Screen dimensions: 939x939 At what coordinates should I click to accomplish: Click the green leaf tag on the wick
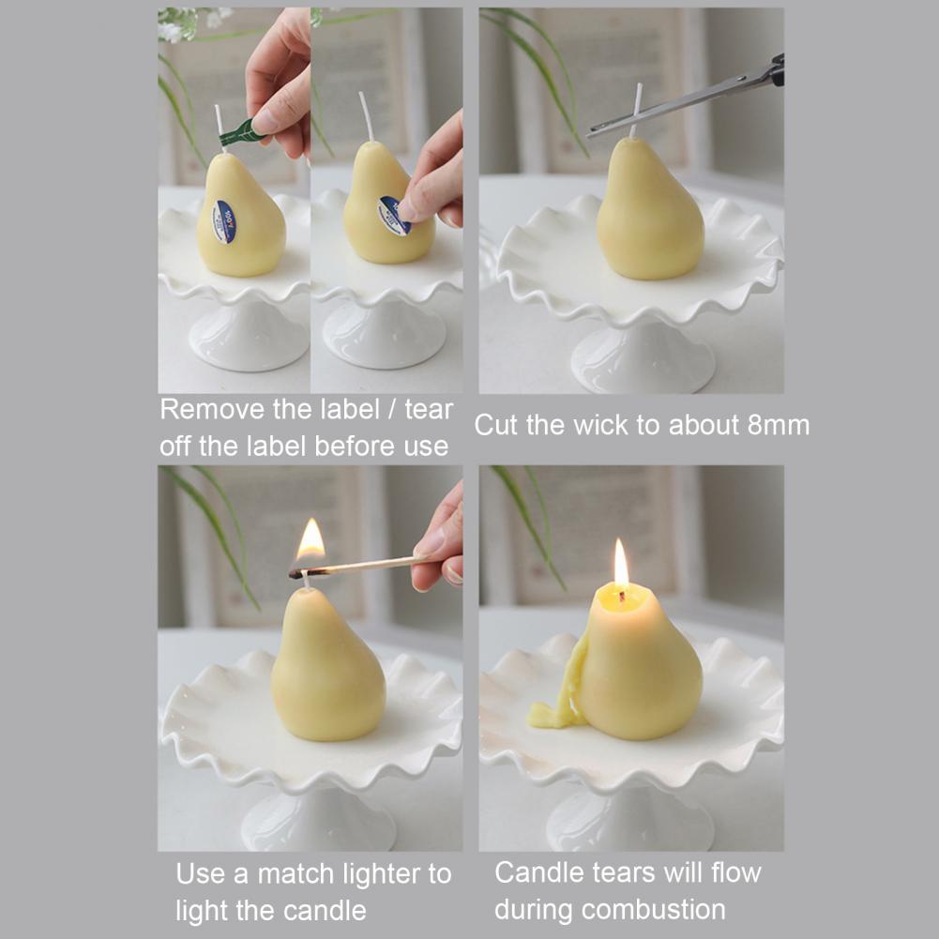pos(242,132)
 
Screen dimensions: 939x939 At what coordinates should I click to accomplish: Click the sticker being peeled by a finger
pos(393,215)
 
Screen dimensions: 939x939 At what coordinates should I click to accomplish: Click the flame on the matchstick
pos(310,539)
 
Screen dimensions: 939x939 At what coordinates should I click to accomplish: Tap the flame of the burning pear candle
pos(621,565)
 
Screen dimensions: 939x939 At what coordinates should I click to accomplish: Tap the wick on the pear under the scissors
pos(635,111)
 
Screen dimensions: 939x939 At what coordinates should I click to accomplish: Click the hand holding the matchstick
pos(438,538)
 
